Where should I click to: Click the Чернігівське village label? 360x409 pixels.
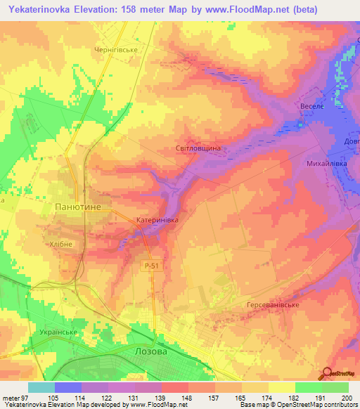(x=119, y=50)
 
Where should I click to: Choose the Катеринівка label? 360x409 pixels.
(x=157, y=221)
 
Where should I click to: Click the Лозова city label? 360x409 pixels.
(x=150, y=351)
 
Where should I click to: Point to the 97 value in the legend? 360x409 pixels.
(x=20, y=398)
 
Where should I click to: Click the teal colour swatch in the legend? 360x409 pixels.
(x=41, y=387)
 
